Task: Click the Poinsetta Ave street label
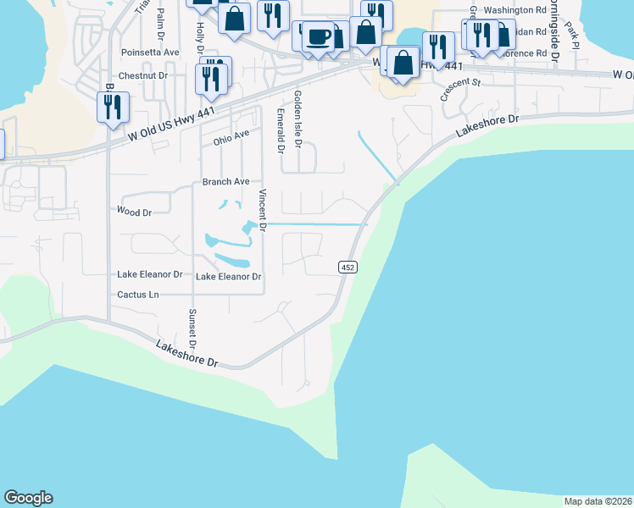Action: pos(151,52)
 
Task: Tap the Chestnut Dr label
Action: pos(145,76)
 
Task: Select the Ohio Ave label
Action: pos(231,136)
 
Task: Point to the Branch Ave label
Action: pos(225,181)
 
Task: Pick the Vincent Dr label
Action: pos(264,211)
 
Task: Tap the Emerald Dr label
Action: pos(280,130)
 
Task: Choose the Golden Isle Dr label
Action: pos(298,119)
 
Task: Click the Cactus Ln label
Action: pos(138,295)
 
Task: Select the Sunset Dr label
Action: pos(192,329)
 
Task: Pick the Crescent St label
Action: pos(460,88)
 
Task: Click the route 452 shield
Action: pos(348,267)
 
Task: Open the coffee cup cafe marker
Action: pos(319,37)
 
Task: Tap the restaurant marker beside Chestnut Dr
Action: pos(209,78)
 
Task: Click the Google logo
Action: pos(28,498)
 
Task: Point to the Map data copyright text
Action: pos(598,501)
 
